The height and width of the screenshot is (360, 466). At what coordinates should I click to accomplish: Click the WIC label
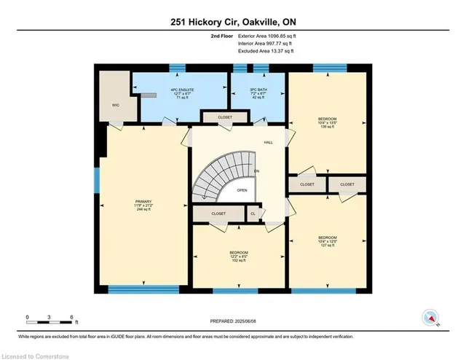(x=116, y=104)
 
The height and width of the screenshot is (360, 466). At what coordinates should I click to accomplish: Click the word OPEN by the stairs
(x=242, y=191)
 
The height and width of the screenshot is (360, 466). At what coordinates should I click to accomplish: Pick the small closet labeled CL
(x=253, y=214)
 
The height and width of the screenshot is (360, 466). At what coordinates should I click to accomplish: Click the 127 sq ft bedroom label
(x=326, y=240)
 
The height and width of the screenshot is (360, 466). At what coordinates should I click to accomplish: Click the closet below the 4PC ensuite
(x=216, y=117)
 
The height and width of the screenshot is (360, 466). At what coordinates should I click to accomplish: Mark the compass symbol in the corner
(x=430, y=318)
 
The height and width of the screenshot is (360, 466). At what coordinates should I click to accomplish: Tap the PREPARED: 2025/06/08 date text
(x=233, y=321)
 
